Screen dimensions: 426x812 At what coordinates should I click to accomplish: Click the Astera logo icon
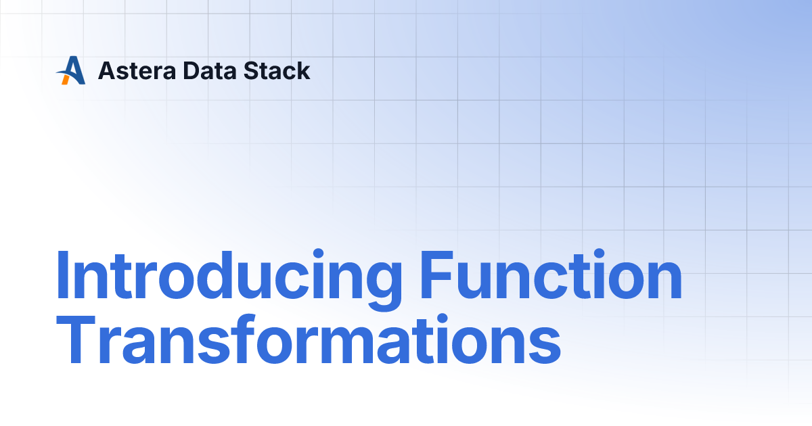click(70, 70)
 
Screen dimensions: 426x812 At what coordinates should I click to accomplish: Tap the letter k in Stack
click(303, 70)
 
